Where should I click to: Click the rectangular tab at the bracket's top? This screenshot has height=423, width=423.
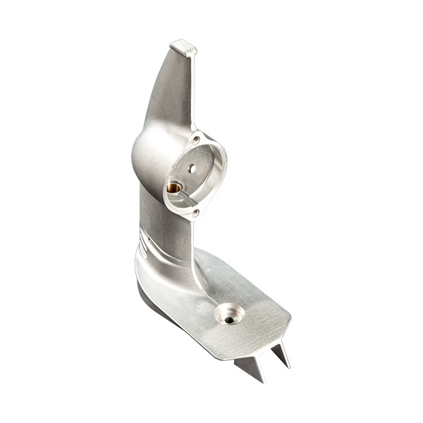point(183,48)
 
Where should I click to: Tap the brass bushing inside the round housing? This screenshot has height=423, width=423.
point(173,188)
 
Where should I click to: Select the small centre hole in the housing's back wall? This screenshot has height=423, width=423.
point(191,168)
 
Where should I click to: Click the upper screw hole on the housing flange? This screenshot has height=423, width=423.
point(195,140)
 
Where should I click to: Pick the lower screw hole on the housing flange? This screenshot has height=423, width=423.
point(196,211)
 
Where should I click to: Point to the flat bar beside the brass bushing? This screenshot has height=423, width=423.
point(184,200)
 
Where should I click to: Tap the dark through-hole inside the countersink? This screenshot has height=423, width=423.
point(229,320)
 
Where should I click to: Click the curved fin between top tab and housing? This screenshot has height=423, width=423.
point(169,92)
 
